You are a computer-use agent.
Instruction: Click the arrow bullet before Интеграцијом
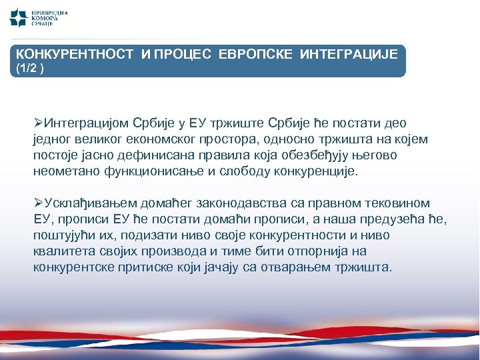tap(38, 123)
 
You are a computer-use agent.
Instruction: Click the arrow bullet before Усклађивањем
tap(38, 203)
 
